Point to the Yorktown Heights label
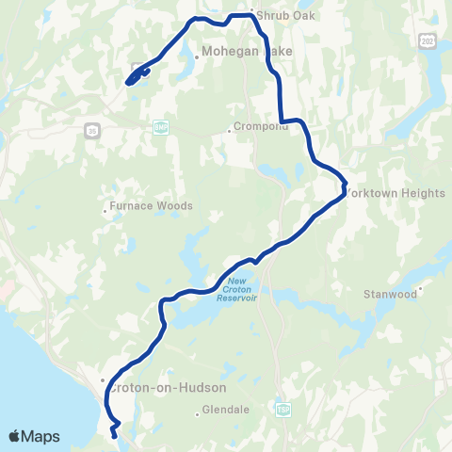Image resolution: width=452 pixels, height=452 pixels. (x=395, y=193)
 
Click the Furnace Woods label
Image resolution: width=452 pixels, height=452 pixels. (x=152, y=205)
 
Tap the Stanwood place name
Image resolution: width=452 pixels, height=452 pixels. (x=390, y=294)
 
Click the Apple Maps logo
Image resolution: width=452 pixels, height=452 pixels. (x=33, y=436)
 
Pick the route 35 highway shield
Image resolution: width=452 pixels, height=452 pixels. (x=90, y=129)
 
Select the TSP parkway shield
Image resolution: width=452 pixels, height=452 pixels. (x=283, y=409)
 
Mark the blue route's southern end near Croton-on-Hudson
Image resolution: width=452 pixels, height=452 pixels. (x=115, y=435)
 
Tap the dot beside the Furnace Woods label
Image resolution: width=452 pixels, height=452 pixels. (x=105, y=210)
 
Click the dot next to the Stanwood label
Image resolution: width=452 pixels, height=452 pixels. (x=421, y=290)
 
